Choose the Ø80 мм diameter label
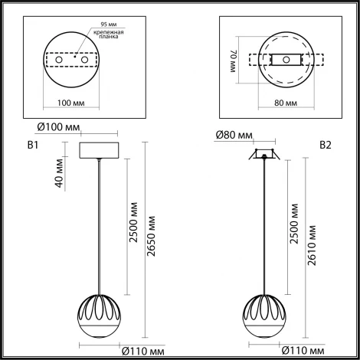[234, 136]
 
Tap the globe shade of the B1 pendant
[100, 314]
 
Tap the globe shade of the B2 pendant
[265, 314]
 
